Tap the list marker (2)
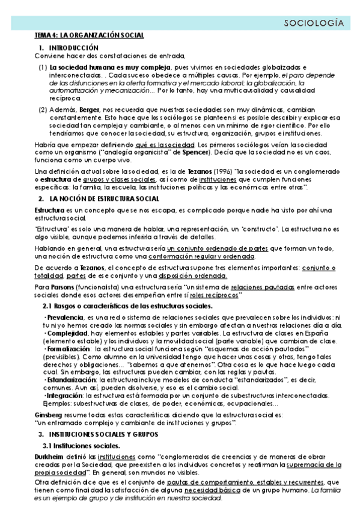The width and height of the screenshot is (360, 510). pyautogui.click(x=43, y=111)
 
